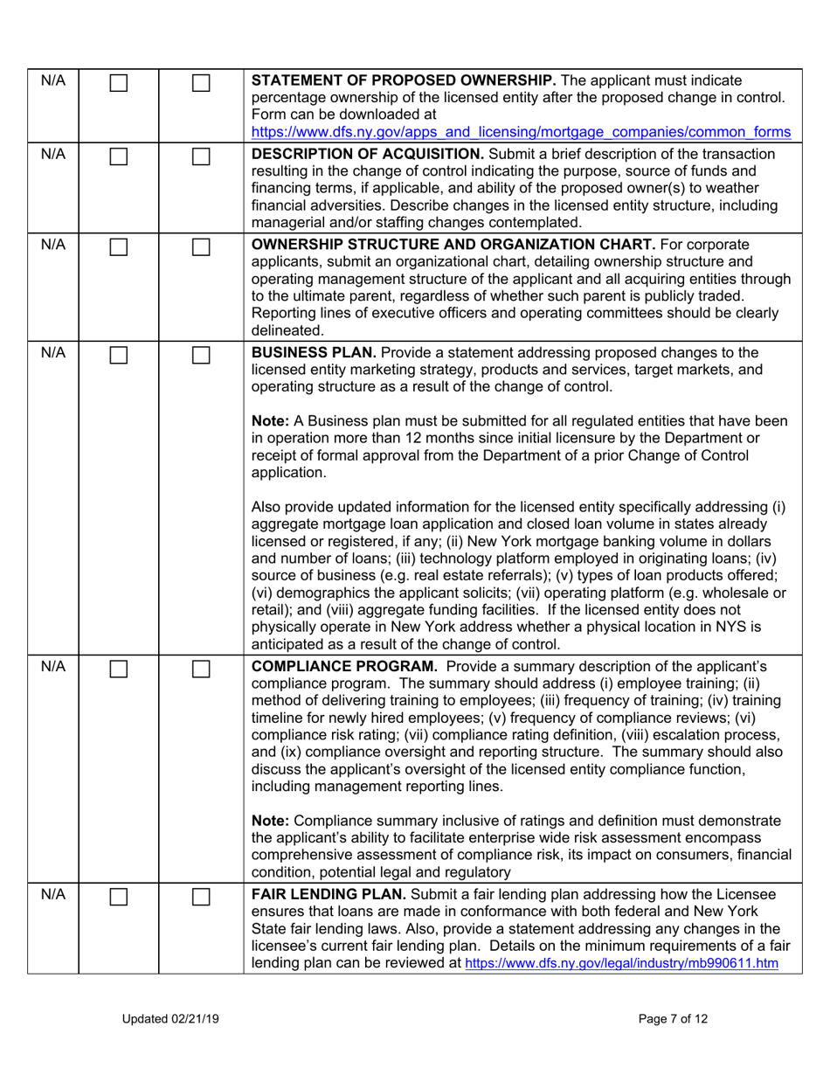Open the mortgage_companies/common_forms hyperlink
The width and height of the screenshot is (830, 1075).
[x=521, y=132]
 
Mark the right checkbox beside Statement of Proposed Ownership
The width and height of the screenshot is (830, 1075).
[x=200, y=86]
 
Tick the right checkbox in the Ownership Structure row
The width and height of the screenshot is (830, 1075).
[x=200, y=248]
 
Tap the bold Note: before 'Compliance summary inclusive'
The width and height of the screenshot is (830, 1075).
[x=272, y=821]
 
